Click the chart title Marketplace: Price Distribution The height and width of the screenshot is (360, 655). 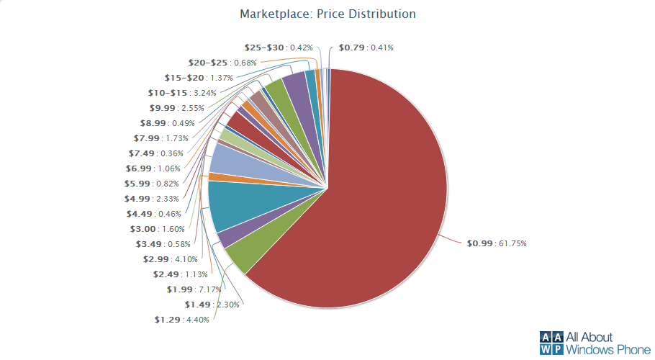[327, 14]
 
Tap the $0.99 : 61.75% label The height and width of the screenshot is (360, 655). [497, 243]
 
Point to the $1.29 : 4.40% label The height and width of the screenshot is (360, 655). [181, 320]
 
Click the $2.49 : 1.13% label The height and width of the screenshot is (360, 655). [180, 274]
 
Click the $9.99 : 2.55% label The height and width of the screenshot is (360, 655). [176, 108]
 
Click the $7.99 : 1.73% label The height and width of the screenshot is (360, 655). [161, 138]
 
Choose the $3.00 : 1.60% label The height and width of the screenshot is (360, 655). [157, 229]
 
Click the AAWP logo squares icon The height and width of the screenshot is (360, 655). [551, 343]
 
